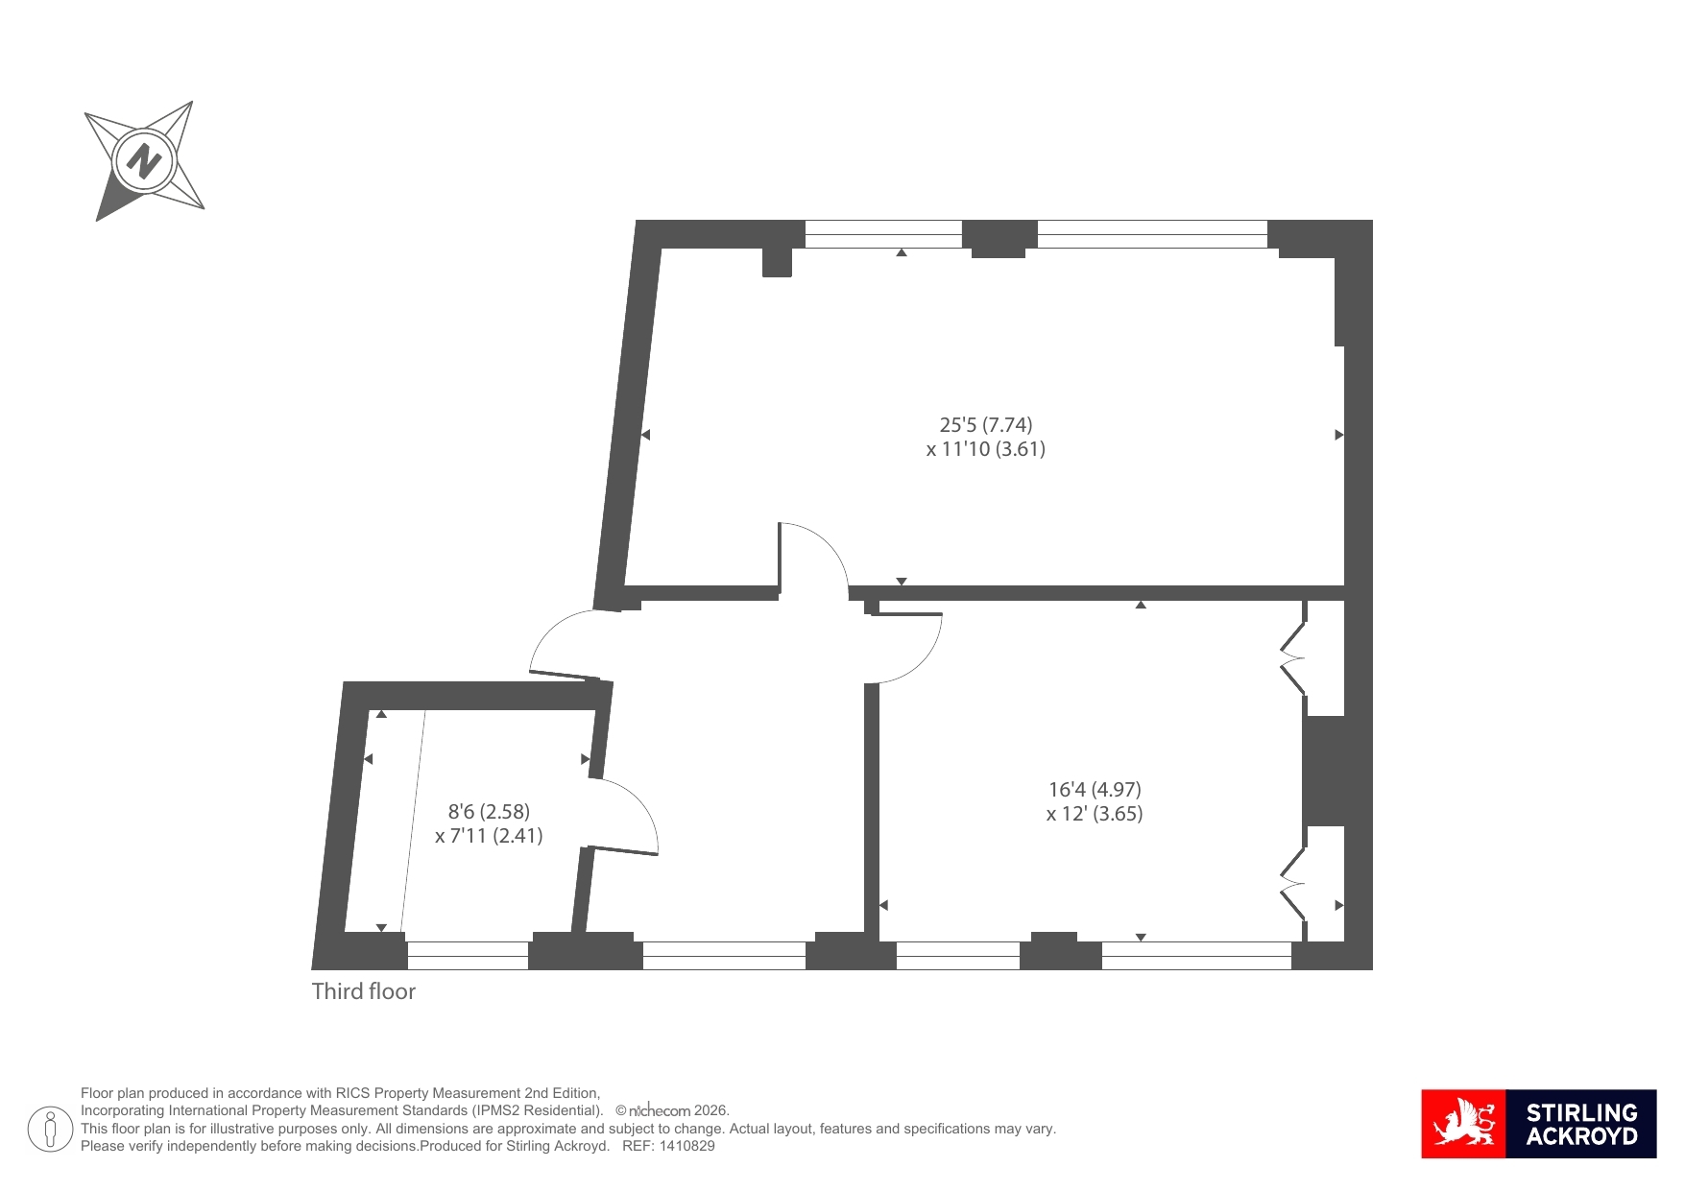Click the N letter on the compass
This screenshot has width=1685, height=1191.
144,160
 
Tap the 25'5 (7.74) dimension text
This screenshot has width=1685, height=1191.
986,424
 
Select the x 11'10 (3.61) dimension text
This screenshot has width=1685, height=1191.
986,449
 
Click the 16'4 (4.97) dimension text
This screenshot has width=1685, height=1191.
1095,790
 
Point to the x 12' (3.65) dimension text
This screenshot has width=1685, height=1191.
1095,814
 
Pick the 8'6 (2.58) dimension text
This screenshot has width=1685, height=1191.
489,812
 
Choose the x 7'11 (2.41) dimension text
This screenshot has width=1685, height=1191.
489,836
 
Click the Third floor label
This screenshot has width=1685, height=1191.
364,991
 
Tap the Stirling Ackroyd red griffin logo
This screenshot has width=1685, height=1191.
1464,1124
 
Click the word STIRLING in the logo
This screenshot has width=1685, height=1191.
1582,1112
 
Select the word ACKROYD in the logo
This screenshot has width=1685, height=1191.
1582,1136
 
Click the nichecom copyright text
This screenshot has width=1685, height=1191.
672,1110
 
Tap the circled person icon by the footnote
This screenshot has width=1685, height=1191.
50,1129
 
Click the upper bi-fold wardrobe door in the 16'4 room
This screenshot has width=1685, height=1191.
1293,658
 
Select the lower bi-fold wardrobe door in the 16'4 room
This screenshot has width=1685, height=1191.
1293,883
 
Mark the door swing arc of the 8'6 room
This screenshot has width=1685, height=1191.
638,804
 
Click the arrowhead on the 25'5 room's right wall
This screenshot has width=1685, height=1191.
1339,435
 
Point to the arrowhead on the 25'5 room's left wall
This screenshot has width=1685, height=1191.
645,435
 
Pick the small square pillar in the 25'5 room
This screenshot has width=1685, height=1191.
777,263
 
